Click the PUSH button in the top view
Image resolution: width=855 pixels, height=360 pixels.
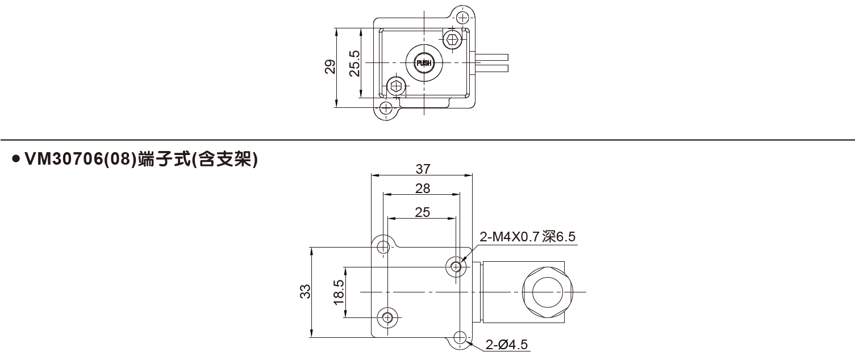click(x=424, y=62)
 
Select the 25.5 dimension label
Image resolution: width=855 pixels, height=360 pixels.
click(x=354, y=64)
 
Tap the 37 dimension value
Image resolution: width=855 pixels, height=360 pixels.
click(x=423, y=169)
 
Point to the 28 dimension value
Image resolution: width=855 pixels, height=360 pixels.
click(x=423, y=189)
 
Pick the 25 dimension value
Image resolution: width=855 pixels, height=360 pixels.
click(x=423, y=212)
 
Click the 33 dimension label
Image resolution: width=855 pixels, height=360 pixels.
click(x=305, y=292)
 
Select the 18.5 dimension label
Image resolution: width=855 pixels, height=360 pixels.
click(x=339, y=292)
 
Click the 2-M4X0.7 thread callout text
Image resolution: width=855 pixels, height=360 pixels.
click(x=528, y=237)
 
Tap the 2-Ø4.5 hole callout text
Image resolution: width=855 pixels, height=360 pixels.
click(x=507, y=344)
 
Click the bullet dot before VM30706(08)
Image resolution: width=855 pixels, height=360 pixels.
click(x=16, y=160)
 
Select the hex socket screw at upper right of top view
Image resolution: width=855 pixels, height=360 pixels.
click(x=452, y=39)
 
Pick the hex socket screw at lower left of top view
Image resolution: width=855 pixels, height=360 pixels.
click(x=396, y=87)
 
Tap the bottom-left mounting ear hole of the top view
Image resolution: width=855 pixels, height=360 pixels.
click(x=386, y=108)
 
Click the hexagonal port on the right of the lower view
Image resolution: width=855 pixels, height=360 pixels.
click(x=546, y=292)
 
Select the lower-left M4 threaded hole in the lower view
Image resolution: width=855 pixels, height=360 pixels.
click(x=387, y=317)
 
